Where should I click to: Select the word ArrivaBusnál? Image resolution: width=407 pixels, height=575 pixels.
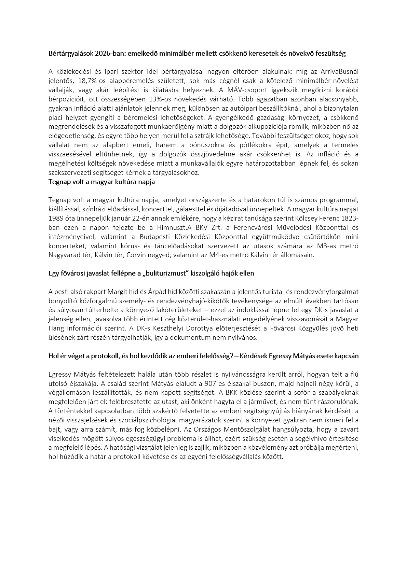(x=339, y=71)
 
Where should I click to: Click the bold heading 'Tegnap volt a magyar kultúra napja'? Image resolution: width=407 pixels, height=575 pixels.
(x=101, y=182)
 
